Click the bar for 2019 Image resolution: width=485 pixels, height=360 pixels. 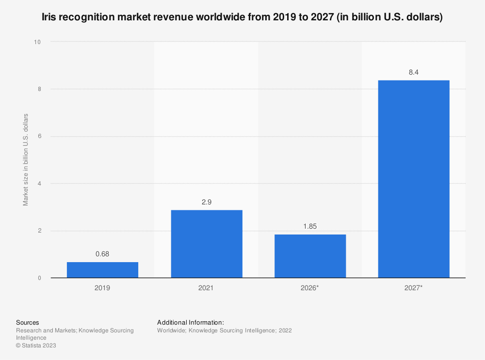tap(102, 270)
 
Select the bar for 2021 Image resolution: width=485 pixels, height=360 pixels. tap(206, 244)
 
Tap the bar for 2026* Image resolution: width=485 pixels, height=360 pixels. tap(310, 256)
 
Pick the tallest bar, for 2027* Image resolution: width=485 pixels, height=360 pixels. tap(414, 179)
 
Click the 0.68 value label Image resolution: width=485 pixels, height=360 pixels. tap(102, 254)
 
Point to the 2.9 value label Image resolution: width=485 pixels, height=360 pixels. tap(206, 202)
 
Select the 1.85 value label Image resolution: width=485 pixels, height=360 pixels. tap(310, 226)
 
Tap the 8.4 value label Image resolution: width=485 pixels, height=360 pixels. tap(414, 72)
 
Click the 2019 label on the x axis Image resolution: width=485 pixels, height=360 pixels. tap(102, 288)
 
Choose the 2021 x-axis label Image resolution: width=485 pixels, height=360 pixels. tap(206, 288)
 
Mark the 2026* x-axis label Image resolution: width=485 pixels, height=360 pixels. tap(310, 288)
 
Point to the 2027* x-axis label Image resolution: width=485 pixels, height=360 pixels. tap(414, 288)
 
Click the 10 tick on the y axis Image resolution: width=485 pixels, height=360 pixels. tap(37, 42)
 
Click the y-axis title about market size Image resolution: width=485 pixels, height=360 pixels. tap(26, 160)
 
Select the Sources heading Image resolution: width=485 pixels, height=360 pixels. tap(28, 323)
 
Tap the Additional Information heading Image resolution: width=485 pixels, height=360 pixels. tap(191, 323)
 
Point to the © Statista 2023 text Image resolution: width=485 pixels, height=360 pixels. tap(36, 345)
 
